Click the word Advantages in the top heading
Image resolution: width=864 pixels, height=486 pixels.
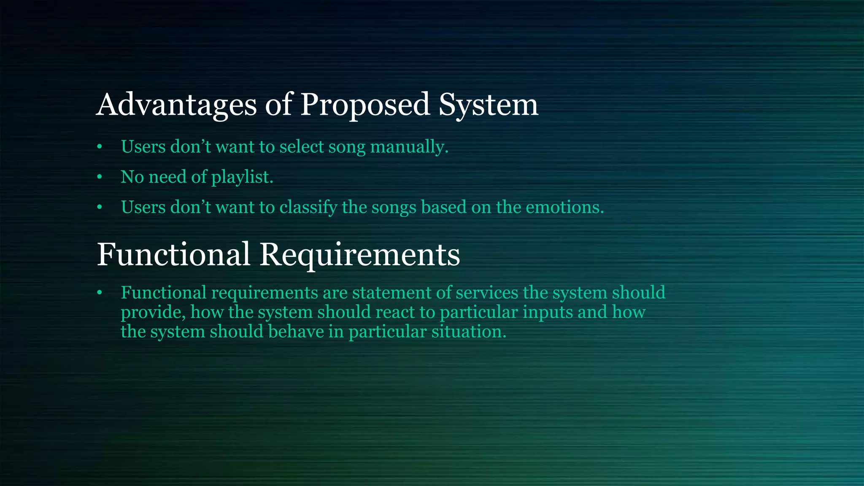[176, 105]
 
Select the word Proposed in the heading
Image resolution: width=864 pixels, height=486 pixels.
[364, 105]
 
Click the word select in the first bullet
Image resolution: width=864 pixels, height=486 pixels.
[301, 147]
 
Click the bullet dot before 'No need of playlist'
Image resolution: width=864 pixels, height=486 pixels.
[100, 177]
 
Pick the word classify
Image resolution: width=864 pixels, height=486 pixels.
[308, 207]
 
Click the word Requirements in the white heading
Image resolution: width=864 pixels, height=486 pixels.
[359, 254]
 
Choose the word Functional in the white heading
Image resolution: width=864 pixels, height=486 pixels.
[173, 254]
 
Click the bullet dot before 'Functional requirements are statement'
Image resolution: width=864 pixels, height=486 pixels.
[100, 293]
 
